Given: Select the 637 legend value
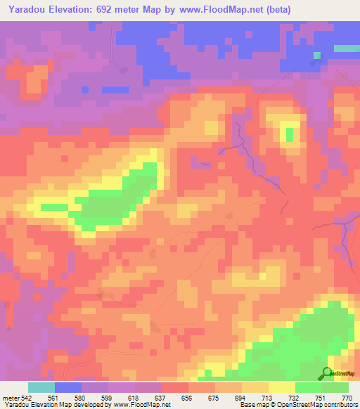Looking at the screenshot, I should coord(162,398).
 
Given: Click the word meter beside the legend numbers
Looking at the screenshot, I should coord(10,398).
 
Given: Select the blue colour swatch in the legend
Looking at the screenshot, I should coord(68,387).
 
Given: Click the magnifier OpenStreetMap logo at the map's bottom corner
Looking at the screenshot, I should coord(328,372).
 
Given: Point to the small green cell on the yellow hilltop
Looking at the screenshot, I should coord(289,133).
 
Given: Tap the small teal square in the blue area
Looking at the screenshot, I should coord(317,55).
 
